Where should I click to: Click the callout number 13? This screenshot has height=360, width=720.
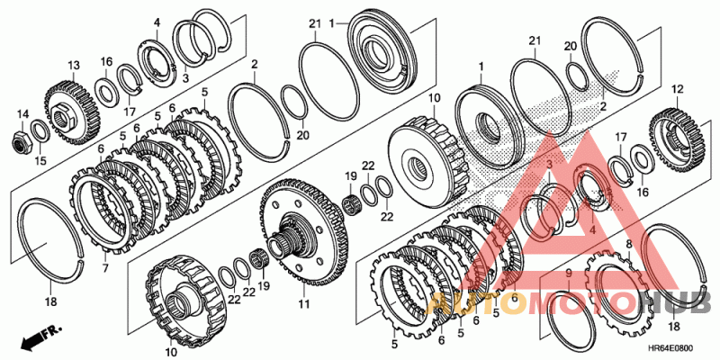73,65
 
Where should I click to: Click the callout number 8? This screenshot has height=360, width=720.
628,243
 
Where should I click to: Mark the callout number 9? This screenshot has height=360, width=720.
569,271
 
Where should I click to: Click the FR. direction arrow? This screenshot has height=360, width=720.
34,339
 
